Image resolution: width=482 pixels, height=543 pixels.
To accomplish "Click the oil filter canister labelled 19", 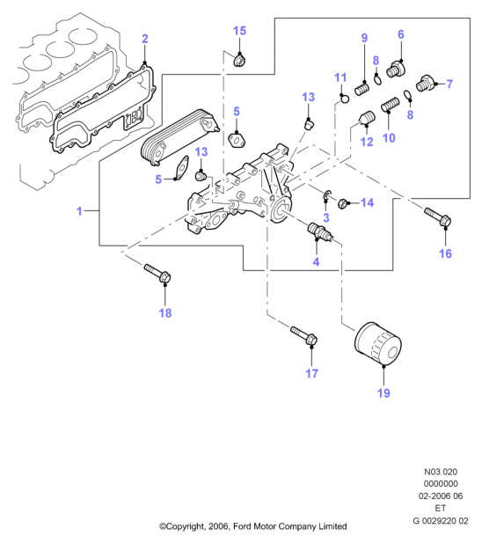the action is point(378,343).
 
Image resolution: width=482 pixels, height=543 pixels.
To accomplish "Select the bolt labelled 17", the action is point(304,335).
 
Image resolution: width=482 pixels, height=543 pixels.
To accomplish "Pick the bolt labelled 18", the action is point(157,273).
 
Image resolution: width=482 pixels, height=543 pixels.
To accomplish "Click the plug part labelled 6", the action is point(396,70).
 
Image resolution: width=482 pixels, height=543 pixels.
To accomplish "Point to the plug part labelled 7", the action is point(425,83).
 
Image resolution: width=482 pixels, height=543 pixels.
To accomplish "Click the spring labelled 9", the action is point(362,89).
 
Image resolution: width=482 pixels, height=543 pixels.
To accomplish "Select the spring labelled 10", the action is point(391,105).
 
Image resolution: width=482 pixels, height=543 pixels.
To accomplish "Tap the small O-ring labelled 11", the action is point(344,99).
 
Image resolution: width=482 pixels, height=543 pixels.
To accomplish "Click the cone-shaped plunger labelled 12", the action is point(367,118).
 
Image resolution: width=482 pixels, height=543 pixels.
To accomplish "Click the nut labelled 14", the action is point(343,203).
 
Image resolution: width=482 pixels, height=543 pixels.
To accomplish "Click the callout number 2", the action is point(145,39).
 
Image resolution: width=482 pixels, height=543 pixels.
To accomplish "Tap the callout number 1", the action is point(79,211).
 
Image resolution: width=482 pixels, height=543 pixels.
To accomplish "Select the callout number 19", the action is point(383,393).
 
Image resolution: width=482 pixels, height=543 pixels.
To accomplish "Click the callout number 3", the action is point(326,218).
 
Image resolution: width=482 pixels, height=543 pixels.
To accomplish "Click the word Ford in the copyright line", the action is point(243,526).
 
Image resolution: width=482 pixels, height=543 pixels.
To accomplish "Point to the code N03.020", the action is point(441,472).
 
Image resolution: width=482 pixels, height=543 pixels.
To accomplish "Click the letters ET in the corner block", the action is point(441,508).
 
